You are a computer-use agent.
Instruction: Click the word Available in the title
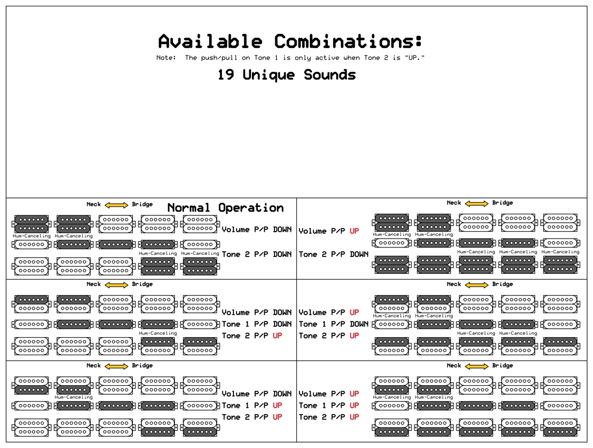210,41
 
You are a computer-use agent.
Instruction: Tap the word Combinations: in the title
348,41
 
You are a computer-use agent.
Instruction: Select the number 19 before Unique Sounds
226,75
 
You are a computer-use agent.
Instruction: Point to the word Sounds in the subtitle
329,75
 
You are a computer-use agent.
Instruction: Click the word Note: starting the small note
166,58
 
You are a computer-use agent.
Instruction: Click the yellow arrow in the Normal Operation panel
116,205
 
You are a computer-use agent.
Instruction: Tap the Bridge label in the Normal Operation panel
142,205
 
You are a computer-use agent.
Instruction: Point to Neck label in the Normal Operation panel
93,205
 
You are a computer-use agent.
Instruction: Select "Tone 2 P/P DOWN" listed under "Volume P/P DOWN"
256,254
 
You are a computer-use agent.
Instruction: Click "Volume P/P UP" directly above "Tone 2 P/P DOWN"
329,231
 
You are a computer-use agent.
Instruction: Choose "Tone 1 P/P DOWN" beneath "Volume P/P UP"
333,324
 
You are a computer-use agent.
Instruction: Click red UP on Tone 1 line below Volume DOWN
277,405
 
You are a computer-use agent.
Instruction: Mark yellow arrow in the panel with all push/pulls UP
477,366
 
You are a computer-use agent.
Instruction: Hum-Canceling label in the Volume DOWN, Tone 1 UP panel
73,397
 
